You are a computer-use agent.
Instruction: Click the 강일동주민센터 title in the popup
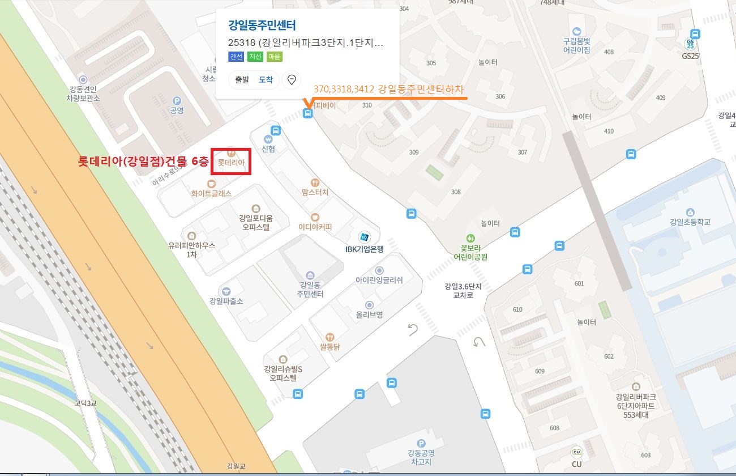262,25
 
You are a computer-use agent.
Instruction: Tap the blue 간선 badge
236,57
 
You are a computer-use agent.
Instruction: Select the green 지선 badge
255,57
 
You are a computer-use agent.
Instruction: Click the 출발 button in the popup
242,80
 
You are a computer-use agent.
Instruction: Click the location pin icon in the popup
292,80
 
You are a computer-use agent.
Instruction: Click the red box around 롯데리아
230,161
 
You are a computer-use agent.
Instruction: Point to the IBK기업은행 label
365,248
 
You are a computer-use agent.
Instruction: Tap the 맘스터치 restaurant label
315,193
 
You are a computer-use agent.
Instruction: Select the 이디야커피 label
315,227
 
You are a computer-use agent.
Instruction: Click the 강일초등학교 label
690,222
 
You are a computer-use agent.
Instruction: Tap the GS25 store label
690,56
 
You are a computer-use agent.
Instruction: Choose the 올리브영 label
369,314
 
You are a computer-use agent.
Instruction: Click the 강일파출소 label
226,301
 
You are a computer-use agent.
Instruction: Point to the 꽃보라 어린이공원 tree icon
470,238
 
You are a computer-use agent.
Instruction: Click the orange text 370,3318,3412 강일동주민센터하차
388,90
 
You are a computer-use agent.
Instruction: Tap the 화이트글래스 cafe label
211,193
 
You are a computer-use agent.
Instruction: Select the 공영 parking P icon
177,100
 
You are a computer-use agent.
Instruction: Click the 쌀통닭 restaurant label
330,347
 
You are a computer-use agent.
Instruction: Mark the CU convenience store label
576,464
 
